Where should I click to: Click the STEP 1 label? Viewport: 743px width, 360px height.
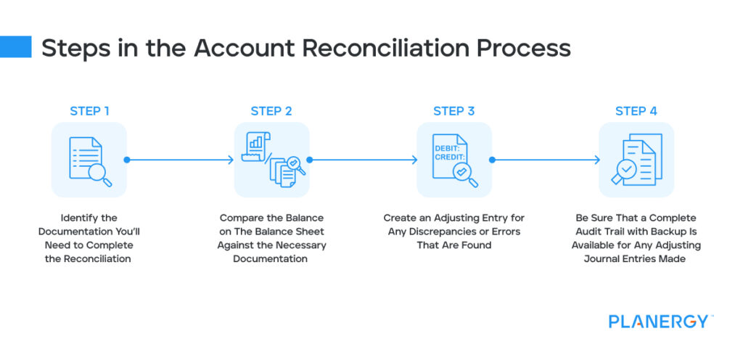pos(89,111)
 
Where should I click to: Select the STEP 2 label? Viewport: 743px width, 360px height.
pos(271,111)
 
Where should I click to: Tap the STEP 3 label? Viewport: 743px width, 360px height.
pos(454,111)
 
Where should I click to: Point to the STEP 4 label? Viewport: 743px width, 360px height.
pos(636,111)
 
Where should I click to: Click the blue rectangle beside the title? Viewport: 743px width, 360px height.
pos(15,47)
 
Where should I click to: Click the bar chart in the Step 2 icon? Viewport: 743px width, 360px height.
pos(255,142)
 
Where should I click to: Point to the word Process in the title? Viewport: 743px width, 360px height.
pos(530,48)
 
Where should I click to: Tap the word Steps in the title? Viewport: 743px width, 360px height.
pos(69,48)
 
